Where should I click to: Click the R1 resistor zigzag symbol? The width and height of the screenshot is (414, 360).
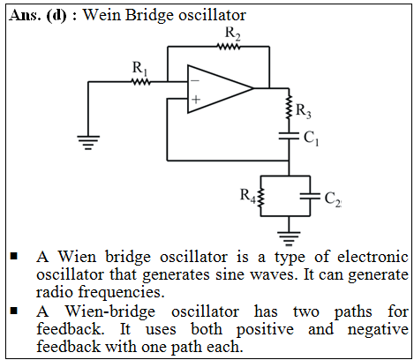click(140, 82)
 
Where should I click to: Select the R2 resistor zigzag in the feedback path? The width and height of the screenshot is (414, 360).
click(229, 47)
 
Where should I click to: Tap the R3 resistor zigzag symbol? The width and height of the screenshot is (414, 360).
click(289, 107)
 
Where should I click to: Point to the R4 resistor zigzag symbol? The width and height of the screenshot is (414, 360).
click(260, 197)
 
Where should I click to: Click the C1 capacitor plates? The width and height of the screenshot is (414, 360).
click(289, 136)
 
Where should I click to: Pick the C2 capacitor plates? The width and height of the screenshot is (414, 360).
click(310, 196)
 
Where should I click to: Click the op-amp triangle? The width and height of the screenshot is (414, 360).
click(221, 89)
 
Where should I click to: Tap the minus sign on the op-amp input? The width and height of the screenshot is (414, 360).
click(195, 80)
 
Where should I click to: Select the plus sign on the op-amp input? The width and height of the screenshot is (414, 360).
click(196, 100)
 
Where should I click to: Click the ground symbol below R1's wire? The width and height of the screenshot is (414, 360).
click(88, 142)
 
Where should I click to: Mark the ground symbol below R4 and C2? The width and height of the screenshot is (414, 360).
click(289, 238)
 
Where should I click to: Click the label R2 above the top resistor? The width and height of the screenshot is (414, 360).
click(232, 33)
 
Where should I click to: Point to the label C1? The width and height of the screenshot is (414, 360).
click(311, 139)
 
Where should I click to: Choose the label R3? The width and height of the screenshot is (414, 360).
click(304, 111)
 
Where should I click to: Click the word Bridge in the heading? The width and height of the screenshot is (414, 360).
click(150, 15)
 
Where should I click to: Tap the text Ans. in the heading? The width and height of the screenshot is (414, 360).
click(25, 15)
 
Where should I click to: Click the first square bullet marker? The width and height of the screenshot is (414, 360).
click(14, 256)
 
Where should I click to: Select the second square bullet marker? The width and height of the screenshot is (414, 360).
click(14, 311)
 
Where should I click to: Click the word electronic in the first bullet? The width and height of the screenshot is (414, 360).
click(373, 257)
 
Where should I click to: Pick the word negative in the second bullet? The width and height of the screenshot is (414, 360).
click(378, 329)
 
